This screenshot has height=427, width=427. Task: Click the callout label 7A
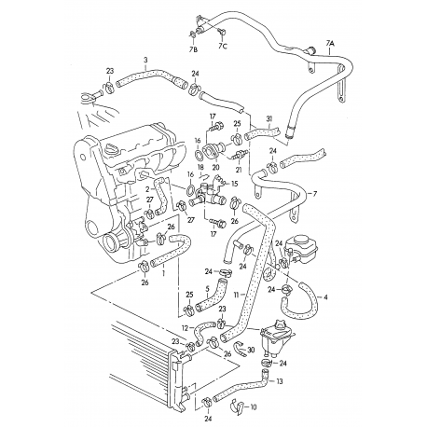(331, 42)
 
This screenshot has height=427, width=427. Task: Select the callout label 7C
(224, 45)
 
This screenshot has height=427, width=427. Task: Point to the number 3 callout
(145, 60)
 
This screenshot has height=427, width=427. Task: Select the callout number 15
(234, 185)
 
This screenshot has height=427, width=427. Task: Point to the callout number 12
(186, 328)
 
